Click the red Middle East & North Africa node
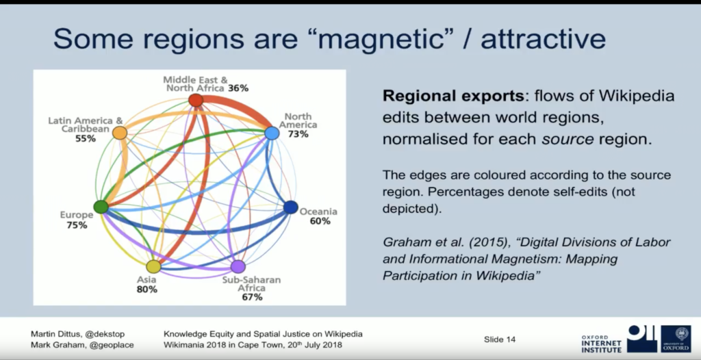coord(196,100)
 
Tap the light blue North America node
coord(272,133)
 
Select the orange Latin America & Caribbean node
coord(119,133)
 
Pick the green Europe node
coord(101,207)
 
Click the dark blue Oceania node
coord(290,207)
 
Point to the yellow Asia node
coord(153,266)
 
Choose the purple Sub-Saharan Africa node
coord(238,266)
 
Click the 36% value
coord(238,88)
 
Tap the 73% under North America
coord(298,133)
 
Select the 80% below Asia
coord(147,290)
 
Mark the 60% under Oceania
coord(320,221)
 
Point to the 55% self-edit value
coord(86,139)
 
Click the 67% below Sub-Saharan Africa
coord(252,297)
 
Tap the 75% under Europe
coord(77,225)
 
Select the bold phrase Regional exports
coord(453,96)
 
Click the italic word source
coord(568,140)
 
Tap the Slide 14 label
coord(499,340)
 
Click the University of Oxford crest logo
coord(676,339)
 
